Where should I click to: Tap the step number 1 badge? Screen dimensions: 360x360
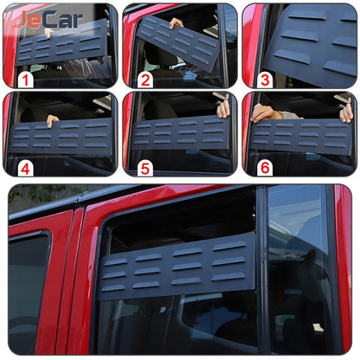26,80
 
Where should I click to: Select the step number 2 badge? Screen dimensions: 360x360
145,80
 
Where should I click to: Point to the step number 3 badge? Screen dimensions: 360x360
264,80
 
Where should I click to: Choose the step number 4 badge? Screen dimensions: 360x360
26,167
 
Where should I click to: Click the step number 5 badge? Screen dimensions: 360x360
145,167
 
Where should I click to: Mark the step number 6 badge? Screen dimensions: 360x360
264,167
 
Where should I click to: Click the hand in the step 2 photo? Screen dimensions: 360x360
177,22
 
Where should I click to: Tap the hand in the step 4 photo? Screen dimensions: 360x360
53,119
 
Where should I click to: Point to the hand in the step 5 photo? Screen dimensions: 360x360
223,108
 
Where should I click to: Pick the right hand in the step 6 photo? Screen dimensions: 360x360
346,111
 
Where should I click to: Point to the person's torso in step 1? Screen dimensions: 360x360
87,67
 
